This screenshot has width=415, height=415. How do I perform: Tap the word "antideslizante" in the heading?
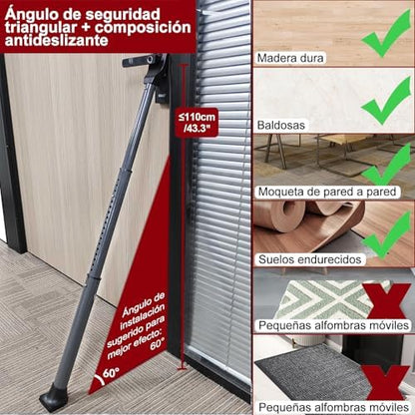click(x=56, y=41)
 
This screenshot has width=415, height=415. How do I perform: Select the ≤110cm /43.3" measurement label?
click(x=198, y=123)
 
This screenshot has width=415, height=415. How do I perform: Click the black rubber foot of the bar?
click(x=53, y=397)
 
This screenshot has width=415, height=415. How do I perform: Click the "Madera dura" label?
click(x=290, y=58)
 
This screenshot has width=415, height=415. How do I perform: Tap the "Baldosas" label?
click(x=281, y=126)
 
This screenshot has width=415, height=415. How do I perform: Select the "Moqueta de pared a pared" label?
click(x=327, y=192)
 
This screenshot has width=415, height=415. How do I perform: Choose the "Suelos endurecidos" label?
click(x=310, y=259)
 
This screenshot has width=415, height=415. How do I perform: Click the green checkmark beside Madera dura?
click(x=386, y=33)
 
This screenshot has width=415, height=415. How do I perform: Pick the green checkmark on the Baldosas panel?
click(x=386, y=100)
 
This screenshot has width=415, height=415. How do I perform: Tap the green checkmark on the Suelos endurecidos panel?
click(x=386, y=235)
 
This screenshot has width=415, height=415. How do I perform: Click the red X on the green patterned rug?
click(x=386, y=301)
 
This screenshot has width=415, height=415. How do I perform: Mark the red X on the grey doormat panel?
click(x=386, y=382)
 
